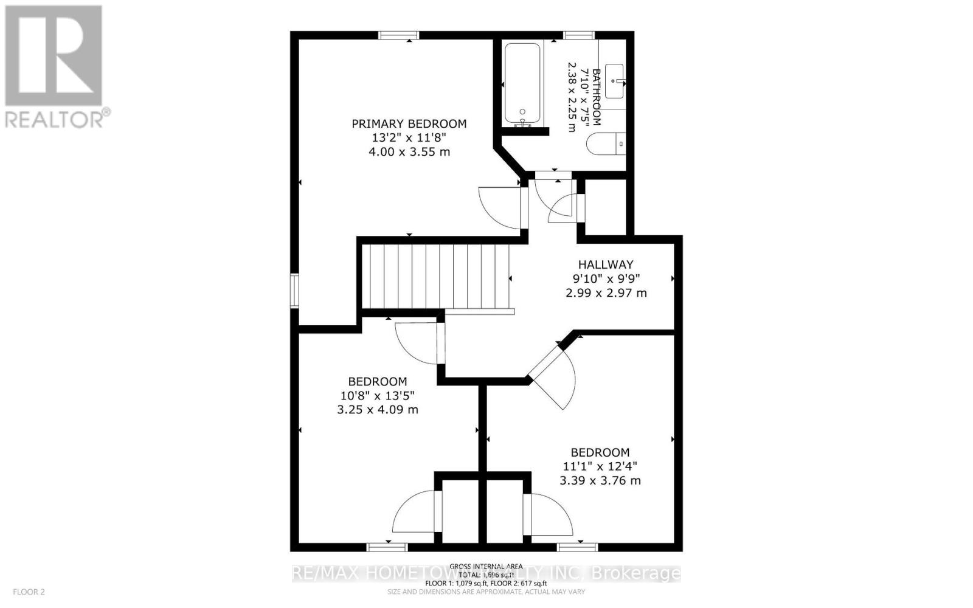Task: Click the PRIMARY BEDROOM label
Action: [x=409, y=124]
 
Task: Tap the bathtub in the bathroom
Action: [x=522, y=83]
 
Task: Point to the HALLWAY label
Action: [x=605, y=264]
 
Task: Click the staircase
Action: [x=435, y=277]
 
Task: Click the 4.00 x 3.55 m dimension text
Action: [x=409, y=152]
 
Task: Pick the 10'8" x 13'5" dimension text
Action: [x=377, y=396]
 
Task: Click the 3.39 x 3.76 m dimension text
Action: [x=600, y=481]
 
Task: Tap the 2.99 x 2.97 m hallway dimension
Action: [x=606, y=293]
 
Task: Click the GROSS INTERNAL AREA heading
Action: [x=485, y=566]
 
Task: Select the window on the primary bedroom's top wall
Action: [x=398, y=35]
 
